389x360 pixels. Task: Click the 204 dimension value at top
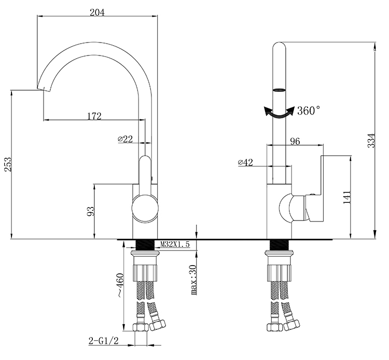click(97, 12)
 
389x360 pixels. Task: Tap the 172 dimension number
click(94, 116)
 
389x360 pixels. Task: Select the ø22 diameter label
click(126, 139)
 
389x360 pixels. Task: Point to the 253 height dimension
click(8, 164)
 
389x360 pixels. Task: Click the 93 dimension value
click(91, 211)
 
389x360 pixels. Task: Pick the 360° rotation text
click(309, 110)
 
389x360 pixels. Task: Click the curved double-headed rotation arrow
click(279, 113)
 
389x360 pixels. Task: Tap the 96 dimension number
click(295, 141)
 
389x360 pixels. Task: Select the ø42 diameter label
click(245, 162)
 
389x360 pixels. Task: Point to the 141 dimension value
click(347, 197)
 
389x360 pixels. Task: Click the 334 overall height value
click(371, 141)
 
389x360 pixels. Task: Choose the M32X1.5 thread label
click(175, 244)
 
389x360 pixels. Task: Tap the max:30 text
click(194, 280)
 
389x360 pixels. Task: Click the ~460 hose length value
click(120, 285)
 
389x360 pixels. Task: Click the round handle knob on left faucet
click(145, 209)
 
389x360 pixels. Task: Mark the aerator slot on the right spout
click(279, 90)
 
